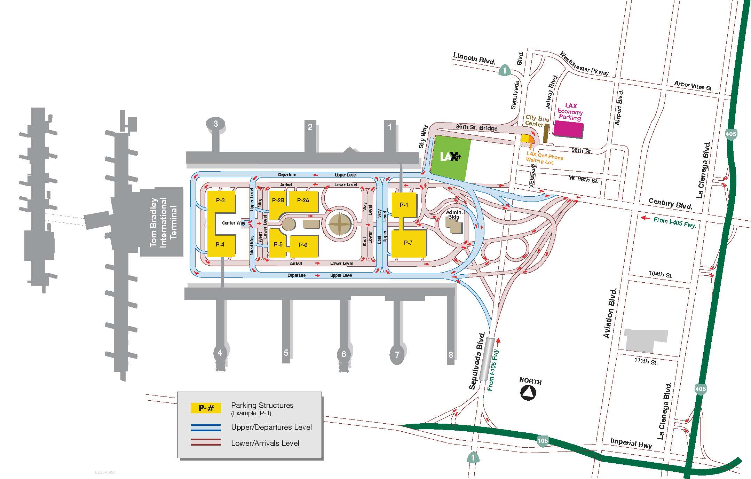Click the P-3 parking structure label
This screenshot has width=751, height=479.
[x=220, y=200]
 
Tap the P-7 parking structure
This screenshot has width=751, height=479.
[x=408, y=243]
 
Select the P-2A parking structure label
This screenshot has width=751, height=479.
[x=303, y=200]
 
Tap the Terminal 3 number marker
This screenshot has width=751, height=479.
[x=216, y=124]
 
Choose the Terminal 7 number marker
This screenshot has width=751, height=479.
[x=397, y=354]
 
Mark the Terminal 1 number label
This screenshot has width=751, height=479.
[x=390, y=127]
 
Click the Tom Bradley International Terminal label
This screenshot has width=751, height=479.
[x=164, y=222]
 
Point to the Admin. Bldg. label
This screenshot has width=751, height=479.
[x=454, y=214]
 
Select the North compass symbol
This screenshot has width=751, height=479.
[x=528, y=393]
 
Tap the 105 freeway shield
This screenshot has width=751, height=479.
[x=543, y=441]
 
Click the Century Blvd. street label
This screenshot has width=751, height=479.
[x=670, y=204]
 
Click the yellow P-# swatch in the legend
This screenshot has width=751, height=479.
[x=205, y=408]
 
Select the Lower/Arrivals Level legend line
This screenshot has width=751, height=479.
[x=205, y=442]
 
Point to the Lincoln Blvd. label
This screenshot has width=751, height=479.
[x=474, y=58]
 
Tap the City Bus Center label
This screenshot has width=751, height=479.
[x=537, y=121]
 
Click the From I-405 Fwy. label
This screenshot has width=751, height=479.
[x=674, y=222]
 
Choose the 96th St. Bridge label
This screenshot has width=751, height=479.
[x=476, y=127]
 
